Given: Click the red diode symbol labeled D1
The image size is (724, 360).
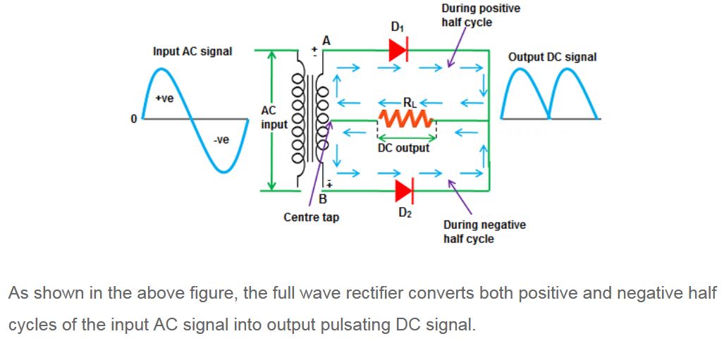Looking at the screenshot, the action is point(398,50).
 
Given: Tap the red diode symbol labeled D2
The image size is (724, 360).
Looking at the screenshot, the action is point(405,191).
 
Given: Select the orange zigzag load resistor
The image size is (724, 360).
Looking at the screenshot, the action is point(406,120).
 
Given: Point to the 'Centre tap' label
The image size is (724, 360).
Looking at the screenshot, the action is point(311,217).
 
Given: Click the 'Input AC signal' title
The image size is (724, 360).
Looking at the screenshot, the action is point(192,51).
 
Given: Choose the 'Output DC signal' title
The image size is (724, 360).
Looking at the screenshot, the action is point(552,57).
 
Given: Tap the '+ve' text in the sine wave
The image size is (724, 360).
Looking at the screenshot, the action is point(164,99).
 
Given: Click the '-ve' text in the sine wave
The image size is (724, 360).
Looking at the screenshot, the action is point(221,140).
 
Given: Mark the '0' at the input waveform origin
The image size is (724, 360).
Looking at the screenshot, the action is point(134,119).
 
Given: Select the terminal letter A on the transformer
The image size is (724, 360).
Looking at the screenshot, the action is point(326,41).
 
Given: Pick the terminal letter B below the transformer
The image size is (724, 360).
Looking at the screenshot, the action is point(323,200).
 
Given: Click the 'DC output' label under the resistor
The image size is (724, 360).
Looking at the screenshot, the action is point(403,148).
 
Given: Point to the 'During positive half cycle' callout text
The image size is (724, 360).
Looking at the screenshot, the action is point(481,15).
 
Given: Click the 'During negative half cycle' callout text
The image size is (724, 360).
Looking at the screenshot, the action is point(484,232).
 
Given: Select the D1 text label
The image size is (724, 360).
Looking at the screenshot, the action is point(397,27).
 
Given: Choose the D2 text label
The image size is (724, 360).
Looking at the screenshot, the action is point(405,213).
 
